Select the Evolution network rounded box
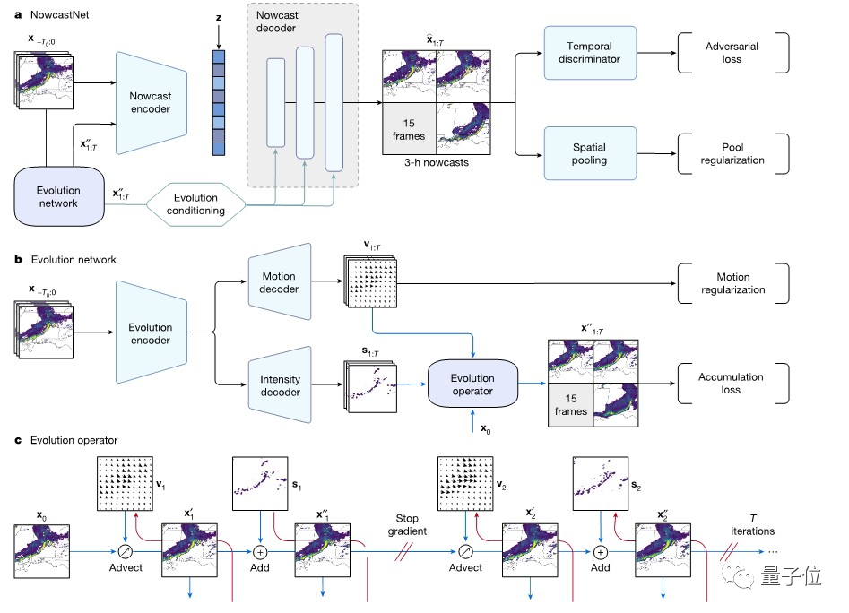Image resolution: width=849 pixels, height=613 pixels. click(x=58, y=195)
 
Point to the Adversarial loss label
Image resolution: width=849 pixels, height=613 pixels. click(x=732, y=52)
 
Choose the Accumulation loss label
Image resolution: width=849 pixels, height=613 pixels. click(x=732, y=384)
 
